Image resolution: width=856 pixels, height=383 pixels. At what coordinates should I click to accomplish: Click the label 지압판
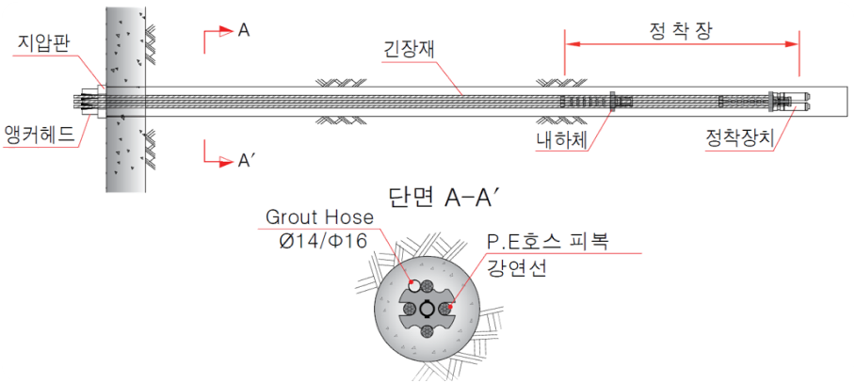point(43,42)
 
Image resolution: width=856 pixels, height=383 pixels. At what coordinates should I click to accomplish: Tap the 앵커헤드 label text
point(39,134)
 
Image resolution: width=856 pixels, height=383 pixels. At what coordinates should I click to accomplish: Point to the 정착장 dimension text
point(681,31)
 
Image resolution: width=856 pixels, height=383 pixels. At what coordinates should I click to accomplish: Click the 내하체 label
point(561,141)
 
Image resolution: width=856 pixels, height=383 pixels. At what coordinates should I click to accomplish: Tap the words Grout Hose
point(320,217)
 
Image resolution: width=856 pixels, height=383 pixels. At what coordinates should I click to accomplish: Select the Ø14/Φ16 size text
point(320,241)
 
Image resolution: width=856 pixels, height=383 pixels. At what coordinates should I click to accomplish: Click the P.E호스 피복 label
point(547,242)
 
